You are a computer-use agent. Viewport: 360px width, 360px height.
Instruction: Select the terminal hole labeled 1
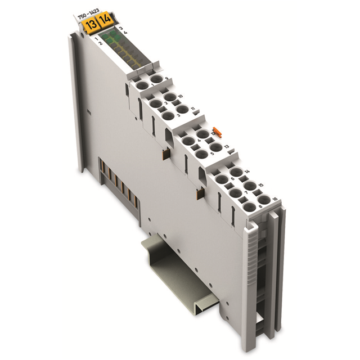143,84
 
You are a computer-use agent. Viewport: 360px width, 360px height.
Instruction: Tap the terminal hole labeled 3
167,115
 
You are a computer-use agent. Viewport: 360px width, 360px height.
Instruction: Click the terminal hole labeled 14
236,172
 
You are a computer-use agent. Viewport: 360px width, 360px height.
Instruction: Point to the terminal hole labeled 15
249,185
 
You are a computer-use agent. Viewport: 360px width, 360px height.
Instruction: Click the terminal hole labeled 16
262,199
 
